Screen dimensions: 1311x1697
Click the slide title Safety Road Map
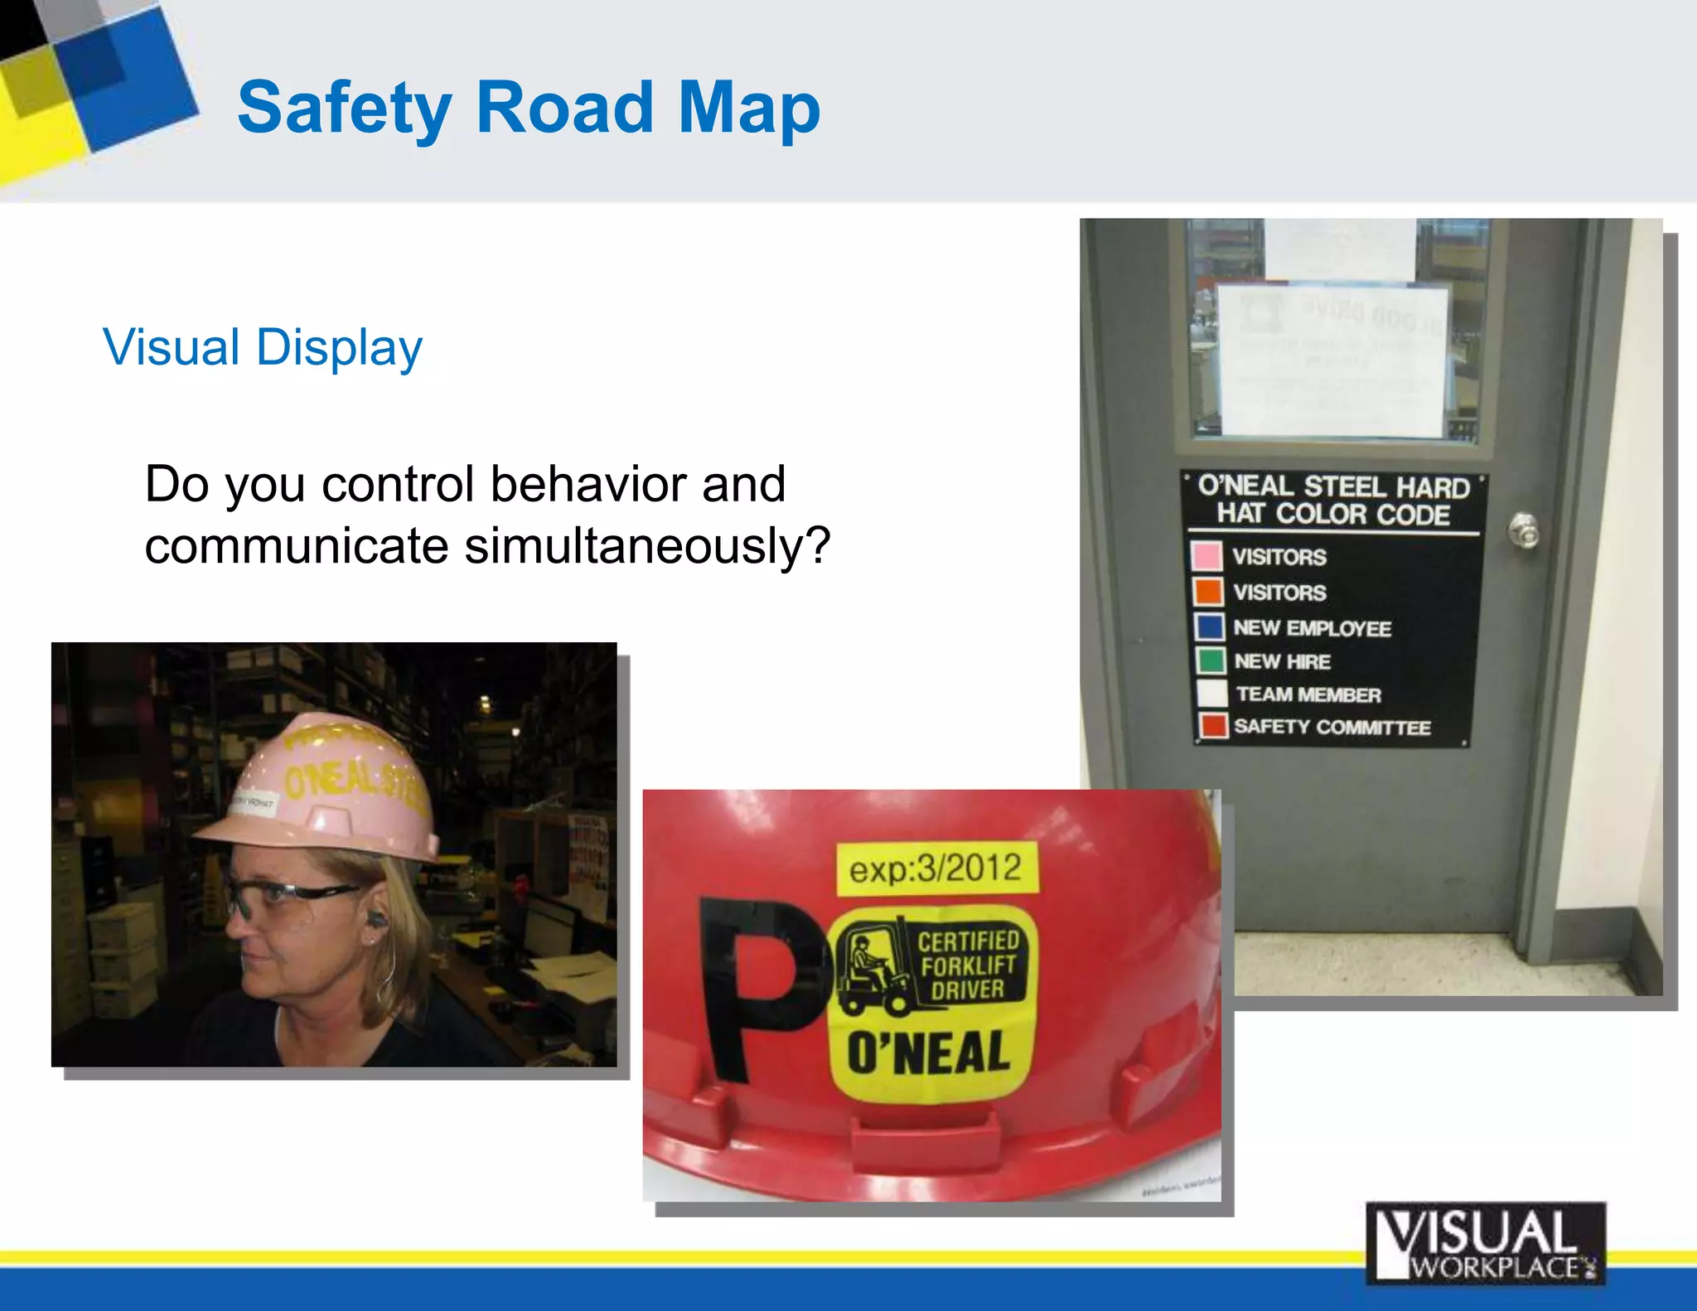tap(529, 108)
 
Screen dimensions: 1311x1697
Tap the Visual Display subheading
tap(262, 346)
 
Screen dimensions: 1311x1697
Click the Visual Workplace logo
tap(1485, 1242)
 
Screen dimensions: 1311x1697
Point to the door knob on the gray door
tap(1523, 530)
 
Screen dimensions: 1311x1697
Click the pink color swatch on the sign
tap(1206, 555)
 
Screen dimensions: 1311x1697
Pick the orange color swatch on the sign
tap(1207, 592)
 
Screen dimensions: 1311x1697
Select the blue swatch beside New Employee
tap(1209, 626)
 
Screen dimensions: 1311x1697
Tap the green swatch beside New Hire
tap(1210, 660)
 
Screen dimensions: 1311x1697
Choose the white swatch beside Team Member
tap(1211, 693)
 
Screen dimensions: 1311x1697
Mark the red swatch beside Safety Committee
tap(1213, 726)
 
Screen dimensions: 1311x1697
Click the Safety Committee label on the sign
tap(1332, 728)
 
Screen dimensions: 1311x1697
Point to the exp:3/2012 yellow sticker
tap(936, 868)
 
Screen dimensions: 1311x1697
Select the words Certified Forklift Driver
tap(968, 965)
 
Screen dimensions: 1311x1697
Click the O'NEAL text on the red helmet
tap(928, 1052)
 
